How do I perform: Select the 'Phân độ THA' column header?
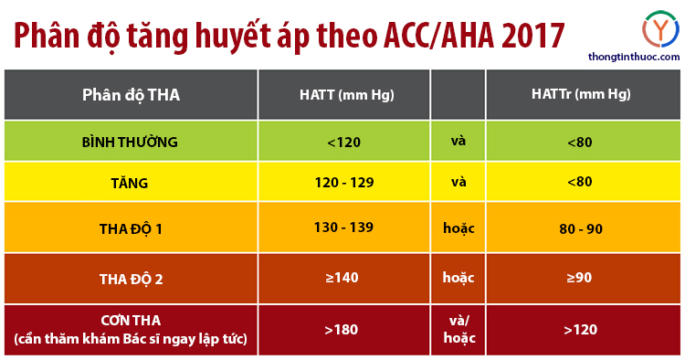[x=131, y=94]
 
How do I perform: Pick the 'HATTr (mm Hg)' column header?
[x=581, y=94]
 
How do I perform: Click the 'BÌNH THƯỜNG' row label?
[x=130, y=143]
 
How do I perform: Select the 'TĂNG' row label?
[x=130, y=183]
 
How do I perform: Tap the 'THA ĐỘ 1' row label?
[x=130, y=228]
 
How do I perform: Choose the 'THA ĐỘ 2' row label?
[x=130, y=279]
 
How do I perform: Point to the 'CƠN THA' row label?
[x=131, y=321]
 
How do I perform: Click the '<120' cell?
[x=344, y=143]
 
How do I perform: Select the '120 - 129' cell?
[x=344, y=183]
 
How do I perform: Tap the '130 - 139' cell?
[x=344, y=228]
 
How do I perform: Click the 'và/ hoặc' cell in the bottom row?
[x=458, y=329]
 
